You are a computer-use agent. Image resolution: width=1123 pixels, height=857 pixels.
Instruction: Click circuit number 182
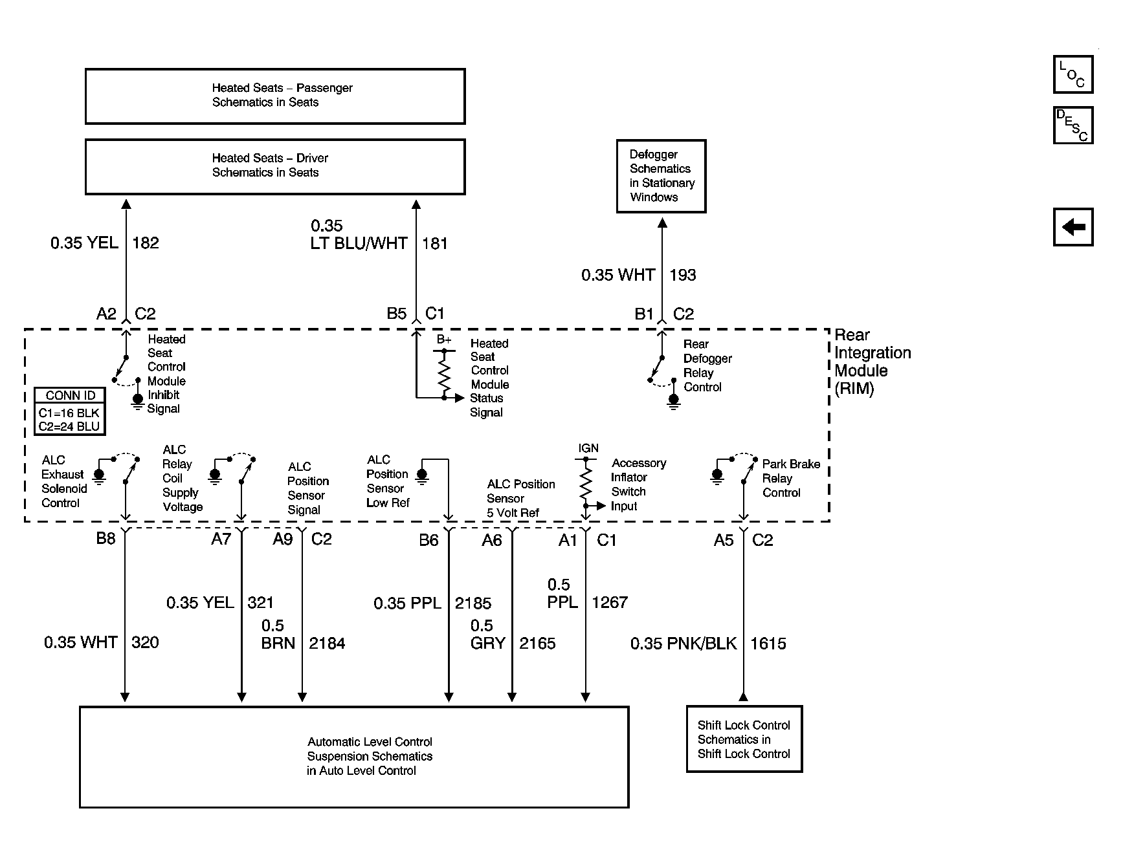pyautogui.click(x=146, y=243)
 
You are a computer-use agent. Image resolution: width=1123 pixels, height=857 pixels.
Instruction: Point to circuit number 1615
pyautogui.click(x=768, y=644)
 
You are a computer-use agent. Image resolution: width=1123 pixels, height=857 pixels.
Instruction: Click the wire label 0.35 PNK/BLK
pyautogui.click(x=684, y=644)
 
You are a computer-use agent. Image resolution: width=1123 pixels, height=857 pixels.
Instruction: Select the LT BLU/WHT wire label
pyautogui.click(x=359, y=243)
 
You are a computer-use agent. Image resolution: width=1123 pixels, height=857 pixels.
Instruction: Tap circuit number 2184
pyautogui.click(x=327, y=644)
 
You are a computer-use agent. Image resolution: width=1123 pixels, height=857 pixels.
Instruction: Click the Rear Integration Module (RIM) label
pyautogui.click(x=873, y=362)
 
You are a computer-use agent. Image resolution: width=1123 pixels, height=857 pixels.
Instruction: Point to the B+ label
pyautogui.click(x=444, y=340)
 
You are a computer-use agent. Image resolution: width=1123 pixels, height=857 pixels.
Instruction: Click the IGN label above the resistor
pyautogui.click(x=588, y=448)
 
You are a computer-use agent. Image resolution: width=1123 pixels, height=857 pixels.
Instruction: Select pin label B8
pyautogui.click(x=106, y=539)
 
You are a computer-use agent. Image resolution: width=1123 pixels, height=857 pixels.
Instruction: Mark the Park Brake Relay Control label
pyautogui.click(x=791, y=478)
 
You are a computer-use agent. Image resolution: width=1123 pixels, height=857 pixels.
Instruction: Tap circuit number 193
pyautogui.click(x=683, y=275)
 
